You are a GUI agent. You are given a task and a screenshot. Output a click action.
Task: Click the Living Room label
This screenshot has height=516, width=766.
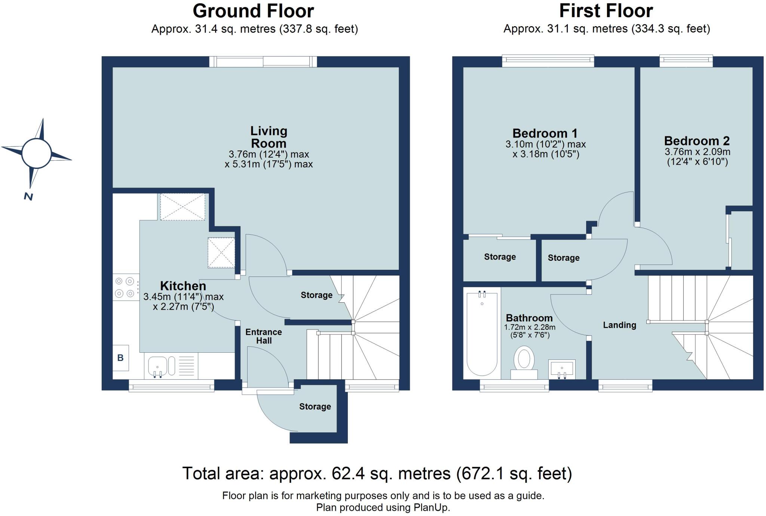269,137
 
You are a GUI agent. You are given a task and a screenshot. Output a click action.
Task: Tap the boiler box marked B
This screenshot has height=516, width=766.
120,358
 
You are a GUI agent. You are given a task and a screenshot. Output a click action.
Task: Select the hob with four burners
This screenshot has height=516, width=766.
125,287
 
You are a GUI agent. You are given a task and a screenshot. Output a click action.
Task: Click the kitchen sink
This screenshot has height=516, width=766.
157,365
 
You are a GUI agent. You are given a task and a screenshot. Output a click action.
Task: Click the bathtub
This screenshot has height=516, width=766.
482,334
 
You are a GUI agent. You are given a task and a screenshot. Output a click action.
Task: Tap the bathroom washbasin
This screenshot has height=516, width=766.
561,368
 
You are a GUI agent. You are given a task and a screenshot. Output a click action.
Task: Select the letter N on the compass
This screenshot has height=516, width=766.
28,197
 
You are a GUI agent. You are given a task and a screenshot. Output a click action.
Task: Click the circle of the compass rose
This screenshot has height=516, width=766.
36,153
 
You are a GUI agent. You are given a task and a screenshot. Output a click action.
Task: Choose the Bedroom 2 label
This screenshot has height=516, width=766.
696,141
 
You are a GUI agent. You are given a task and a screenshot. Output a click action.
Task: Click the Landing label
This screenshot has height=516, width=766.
619,325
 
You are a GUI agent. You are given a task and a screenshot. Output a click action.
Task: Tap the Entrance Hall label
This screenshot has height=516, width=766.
264,336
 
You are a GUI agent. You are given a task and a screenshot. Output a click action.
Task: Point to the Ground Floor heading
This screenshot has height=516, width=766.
253,11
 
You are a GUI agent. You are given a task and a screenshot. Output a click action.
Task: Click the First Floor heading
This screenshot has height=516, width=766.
606,11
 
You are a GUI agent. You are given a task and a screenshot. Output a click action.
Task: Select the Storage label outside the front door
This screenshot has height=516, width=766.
315,407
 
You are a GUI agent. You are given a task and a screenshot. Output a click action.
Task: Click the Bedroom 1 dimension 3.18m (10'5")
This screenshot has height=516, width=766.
546,154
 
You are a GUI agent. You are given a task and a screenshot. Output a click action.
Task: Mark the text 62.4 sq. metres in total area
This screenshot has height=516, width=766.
391,474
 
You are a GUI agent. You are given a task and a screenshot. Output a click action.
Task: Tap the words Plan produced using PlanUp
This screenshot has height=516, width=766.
383,507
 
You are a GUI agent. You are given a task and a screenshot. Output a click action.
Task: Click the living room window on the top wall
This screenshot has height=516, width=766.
263,62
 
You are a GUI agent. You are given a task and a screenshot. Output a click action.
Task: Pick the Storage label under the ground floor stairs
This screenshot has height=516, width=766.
316,295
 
